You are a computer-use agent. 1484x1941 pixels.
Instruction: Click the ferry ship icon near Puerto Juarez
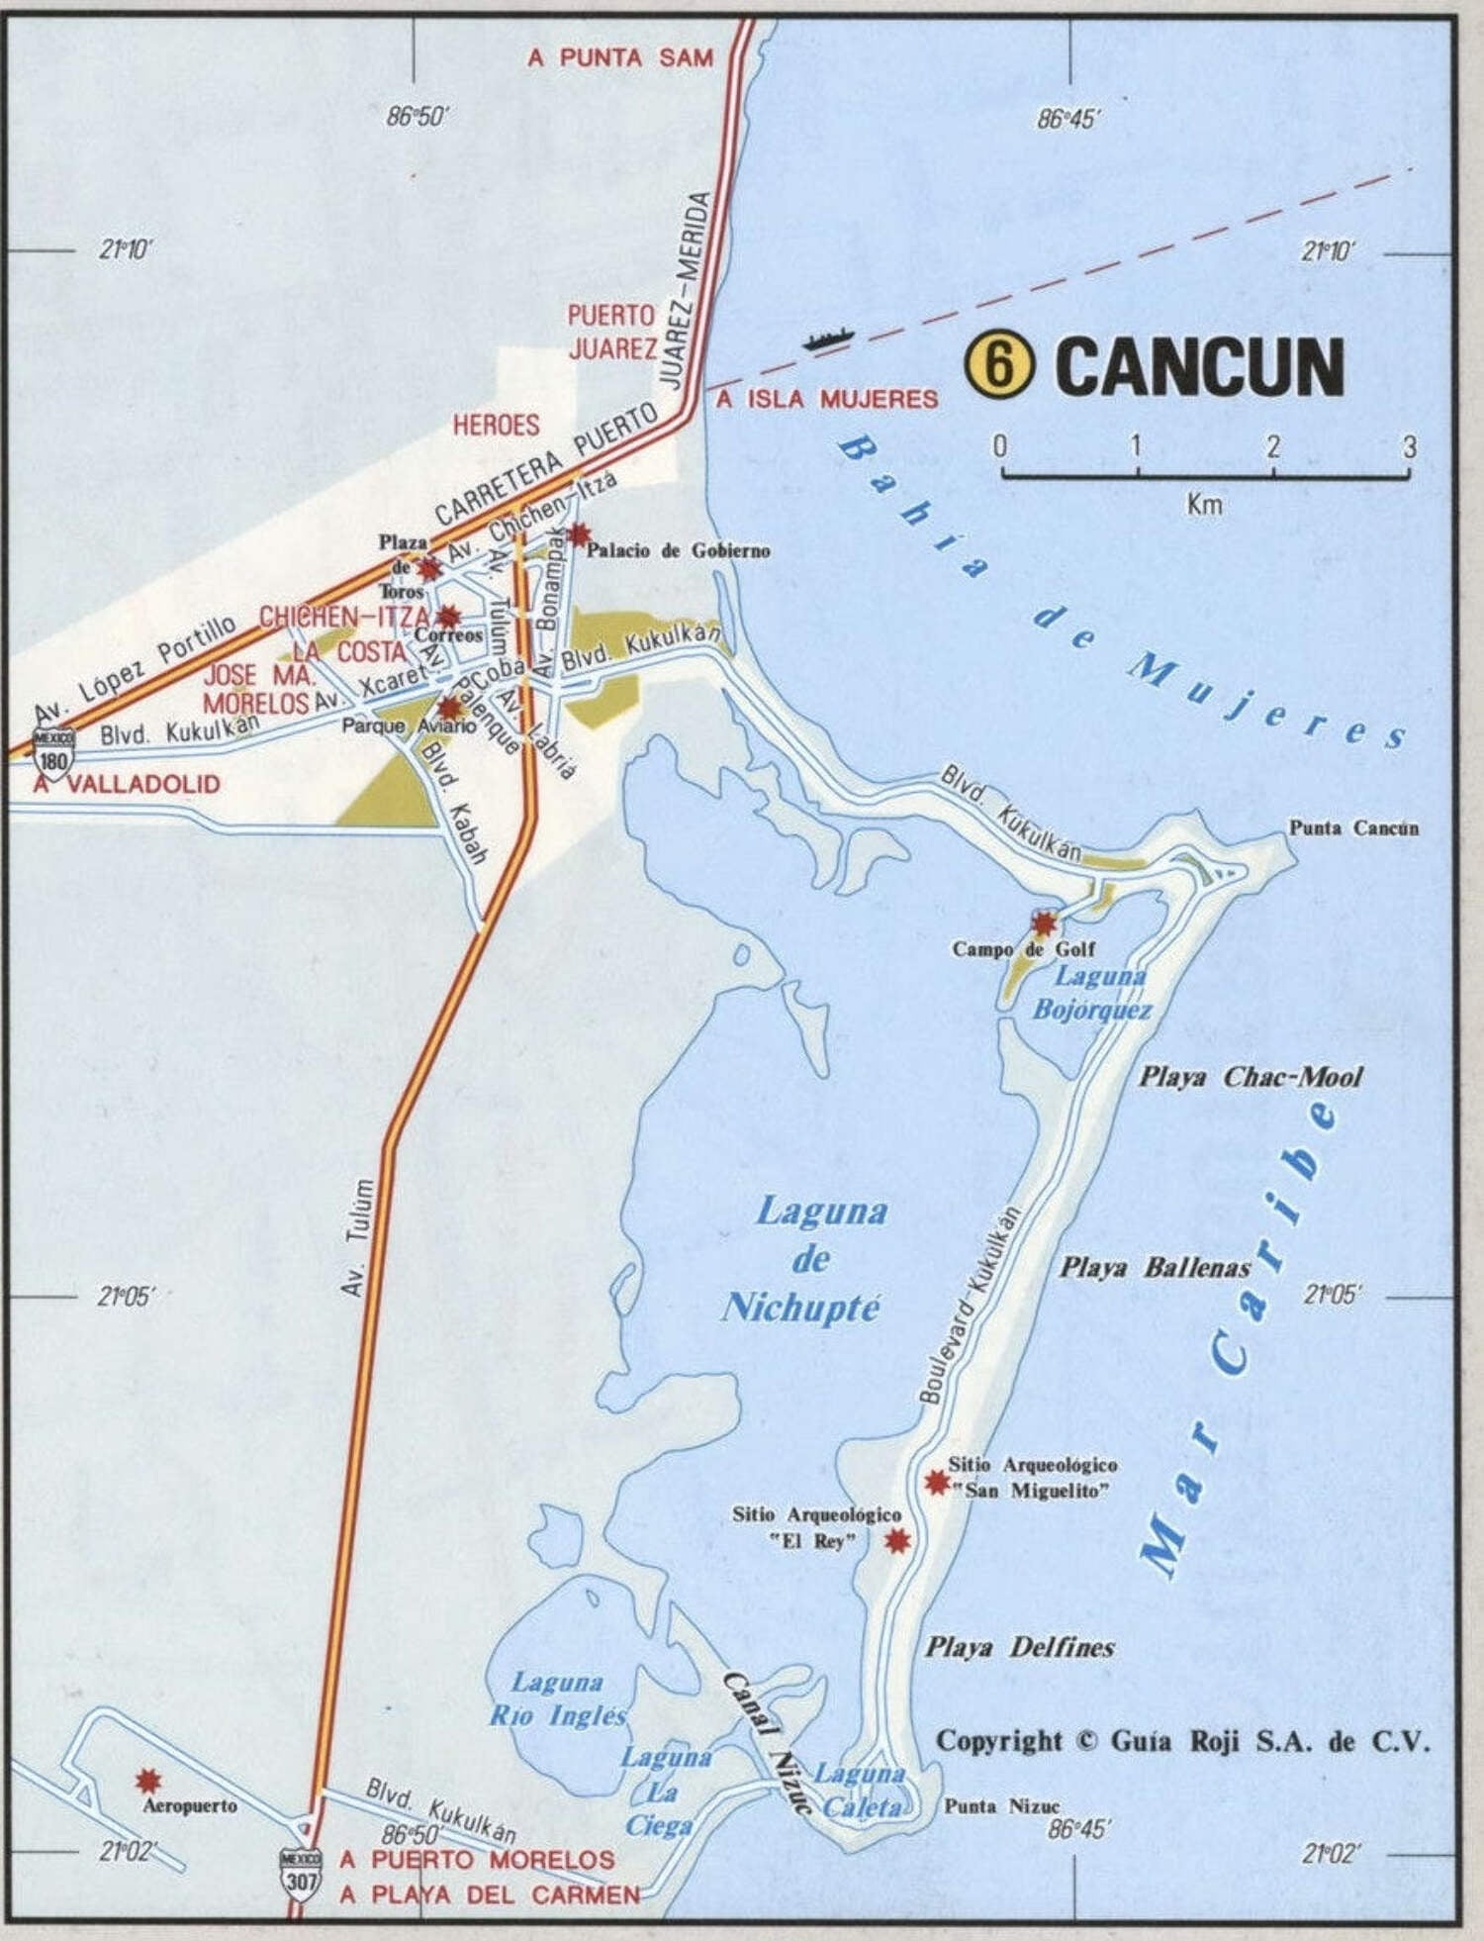[827, 339]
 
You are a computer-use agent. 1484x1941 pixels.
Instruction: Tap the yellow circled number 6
[999, 365]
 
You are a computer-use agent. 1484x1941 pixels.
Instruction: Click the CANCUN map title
[1199, 366]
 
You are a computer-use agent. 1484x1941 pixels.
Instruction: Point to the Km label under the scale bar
[1204, 505]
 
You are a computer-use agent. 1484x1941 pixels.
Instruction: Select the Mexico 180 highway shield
[52, 752]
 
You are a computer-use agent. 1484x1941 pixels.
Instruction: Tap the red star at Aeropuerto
[148, 1782]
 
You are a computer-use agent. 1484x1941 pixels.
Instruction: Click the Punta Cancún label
[1352, 827]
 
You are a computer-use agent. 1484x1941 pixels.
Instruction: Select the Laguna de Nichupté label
[810, 1259]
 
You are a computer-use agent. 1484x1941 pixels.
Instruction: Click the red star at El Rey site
[896, 1540]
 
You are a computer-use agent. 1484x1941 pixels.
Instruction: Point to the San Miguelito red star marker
[936, 1482]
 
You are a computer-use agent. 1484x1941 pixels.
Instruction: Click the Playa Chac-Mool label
[1251, 1077]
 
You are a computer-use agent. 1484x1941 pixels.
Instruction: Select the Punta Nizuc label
[1001, 1805]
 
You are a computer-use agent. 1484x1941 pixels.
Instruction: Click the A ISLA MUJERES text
[826, 399]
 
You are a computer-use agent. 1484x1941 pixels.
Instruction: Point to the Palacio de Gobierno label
[678, 550]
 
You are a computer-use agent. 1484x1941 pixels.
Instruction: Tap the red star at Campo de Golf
[1044, 923]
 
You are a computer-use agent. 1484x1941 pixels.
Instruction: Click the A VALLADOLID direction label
[127, 784]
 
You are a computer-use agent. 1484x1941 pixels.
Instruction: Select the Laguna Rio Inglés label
[558, 1698]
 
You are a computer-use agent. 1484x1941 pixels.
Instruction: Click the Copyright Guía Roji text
[1182, 1741]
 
